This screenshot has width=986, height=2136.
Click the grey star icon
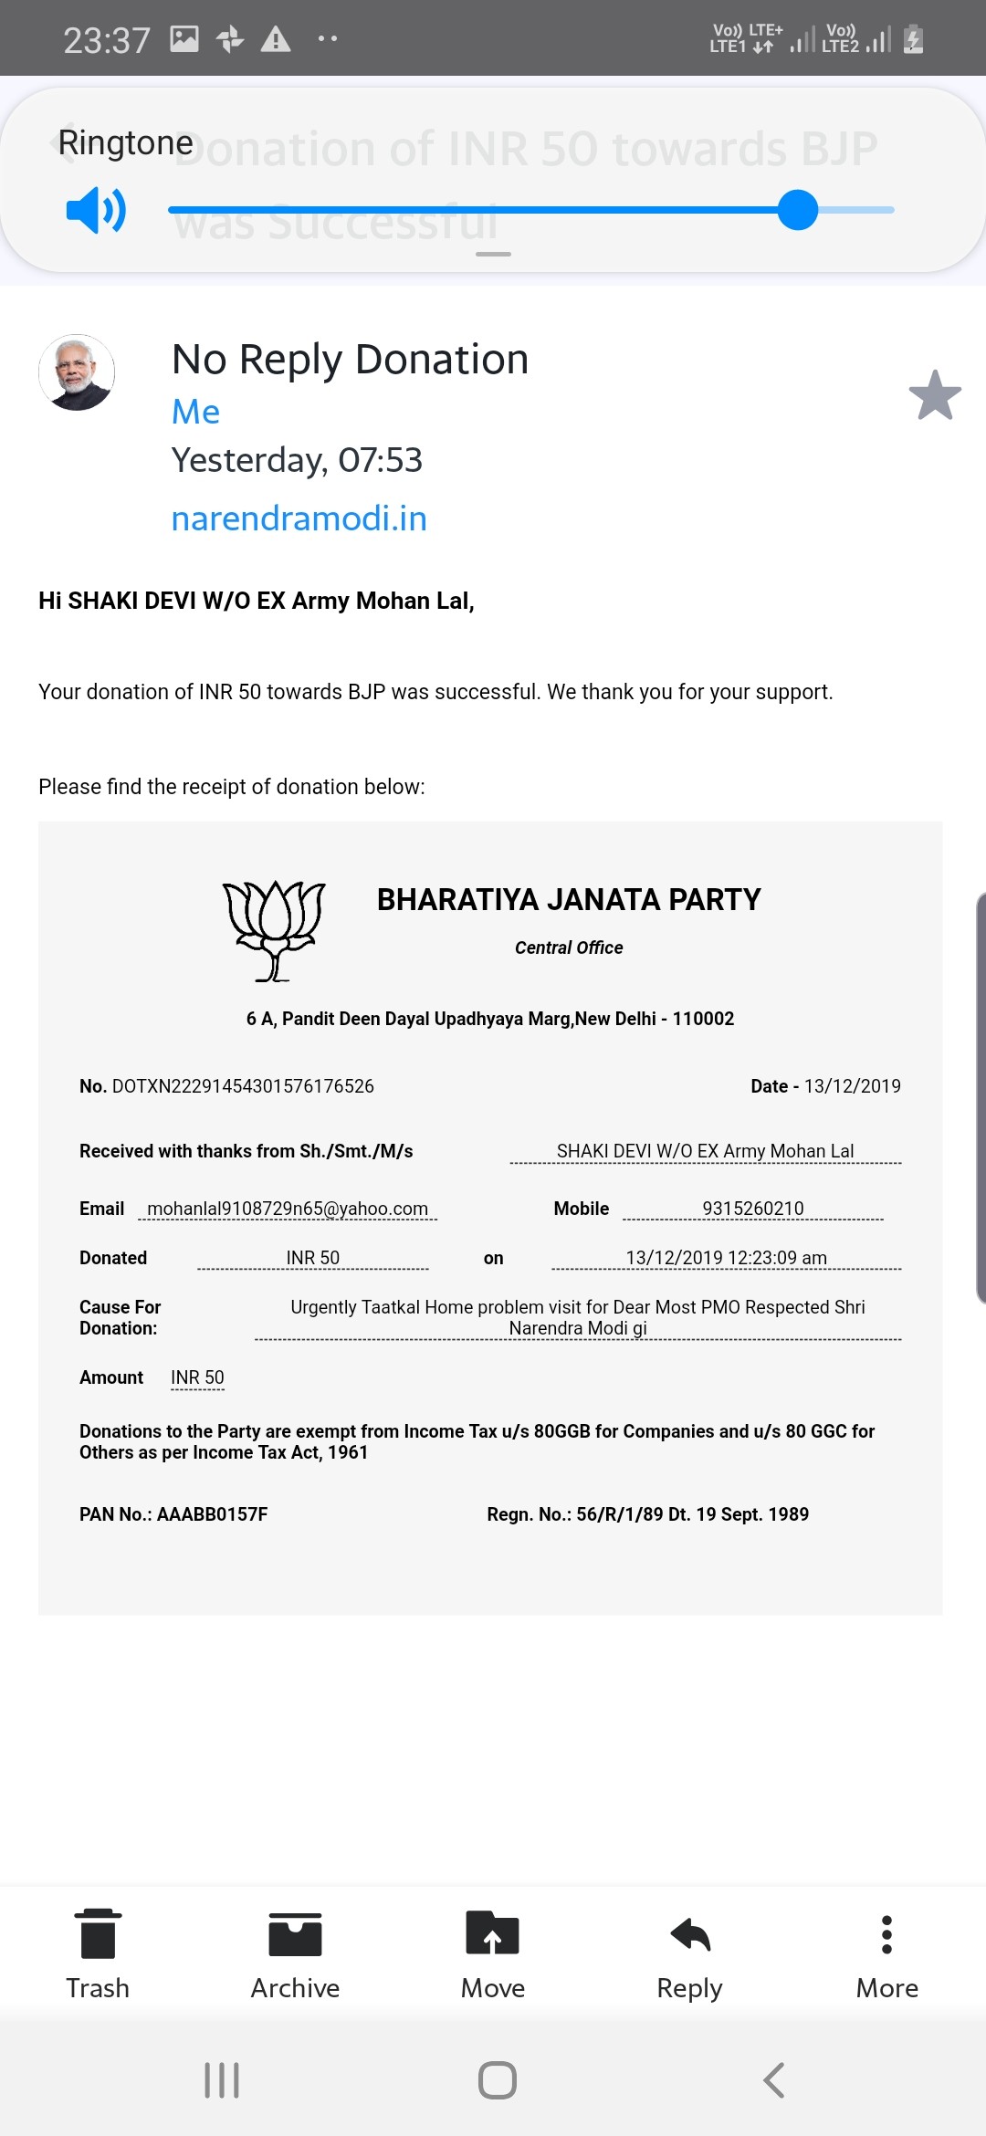tap(935, 395)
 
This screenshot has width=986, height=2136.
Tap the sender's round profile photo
tap(77, 372)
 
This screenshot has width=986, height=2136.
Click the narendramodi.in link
tap(299, 518)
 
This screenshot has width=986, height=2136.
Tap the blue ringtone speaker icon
tap(96, 211)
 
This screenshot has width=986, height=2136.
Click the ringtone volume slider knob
tap(798, 210)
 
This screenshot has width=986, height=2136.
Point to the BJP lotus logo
tap(274, 930)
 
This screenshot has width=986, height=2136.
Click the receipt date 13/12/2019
tap(852, 1086)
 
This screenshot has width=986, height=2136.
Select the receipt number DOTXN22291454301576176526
tap(243, 1086)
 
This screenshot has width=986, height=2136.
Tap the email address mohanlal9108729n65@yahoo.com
tap(288, 1209)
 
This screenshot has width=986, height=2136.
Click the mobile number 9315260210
tap(753, 1209)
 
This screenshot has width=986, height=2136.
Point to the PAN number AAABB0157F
tap(212, 1514)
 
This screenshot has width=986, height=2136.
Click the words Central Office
tap(569, 948)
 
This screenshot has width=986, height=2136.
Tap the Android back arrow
tap(773, 2080)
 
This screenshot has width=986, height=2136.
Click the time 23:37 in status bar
tap(107, 40)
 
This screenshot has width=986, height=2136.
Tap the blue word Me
tap(195, 412)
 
